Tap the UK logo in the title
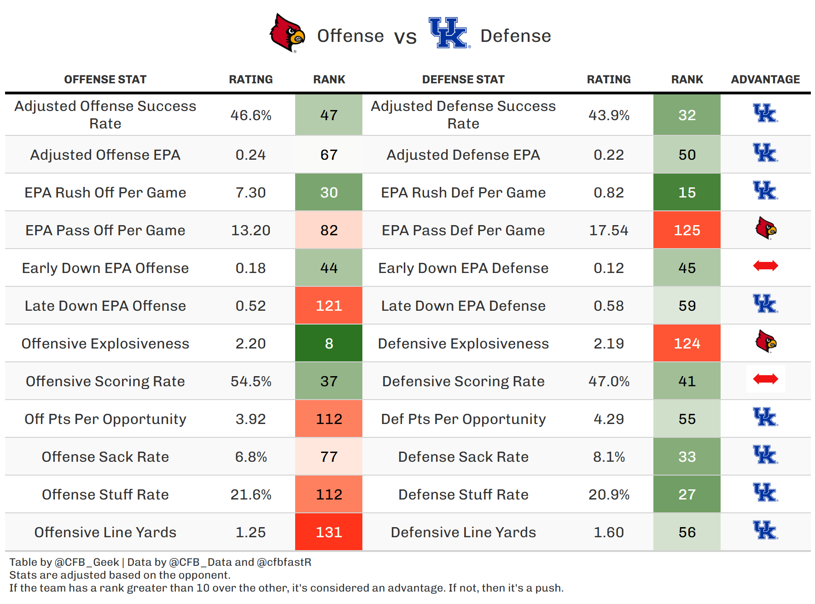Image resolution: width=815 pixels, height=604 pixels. coord(448,33)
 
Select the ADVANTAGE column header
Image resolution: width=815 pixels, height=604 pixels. coord(765,80)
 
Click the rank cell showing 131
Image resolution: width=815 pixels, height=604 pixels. coord(329,532)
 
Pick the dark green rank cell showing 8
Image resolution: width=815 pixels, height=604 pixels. coord(329,343)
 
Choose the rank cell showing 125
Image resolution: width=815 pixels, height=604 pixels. coord(687,230)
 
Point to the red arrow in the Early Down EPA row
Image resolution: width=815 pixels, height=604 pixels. coord(765,266)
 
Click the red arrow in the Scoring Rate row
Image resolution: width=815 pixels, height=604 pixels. coord(765,379)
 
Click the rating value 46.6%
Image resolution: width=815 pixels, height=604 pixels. coord(251,115)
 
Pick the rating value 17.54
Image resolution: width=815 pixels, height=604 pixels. coord(609,230)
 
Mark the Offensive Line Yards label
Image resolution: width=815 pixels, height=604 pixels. coord(105,532)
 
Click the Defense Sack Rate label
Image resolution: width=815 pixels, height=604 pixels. coord(463,457)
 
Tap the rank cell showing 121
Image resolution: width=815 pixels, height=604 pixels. coord(329,306)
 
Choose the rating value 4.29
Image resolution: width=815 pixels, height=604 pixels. coord(609,419)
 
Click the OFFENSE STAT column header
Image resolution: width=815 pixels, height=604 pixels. coord(105,80)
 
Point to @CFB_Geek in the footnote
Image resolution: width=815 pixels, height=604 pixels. coord(87,562)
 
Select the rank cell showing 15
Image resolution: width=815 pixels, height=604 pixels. coord(687,192)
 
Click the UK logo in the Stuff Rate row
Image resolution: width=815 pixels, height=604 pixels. coord(765,493)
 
